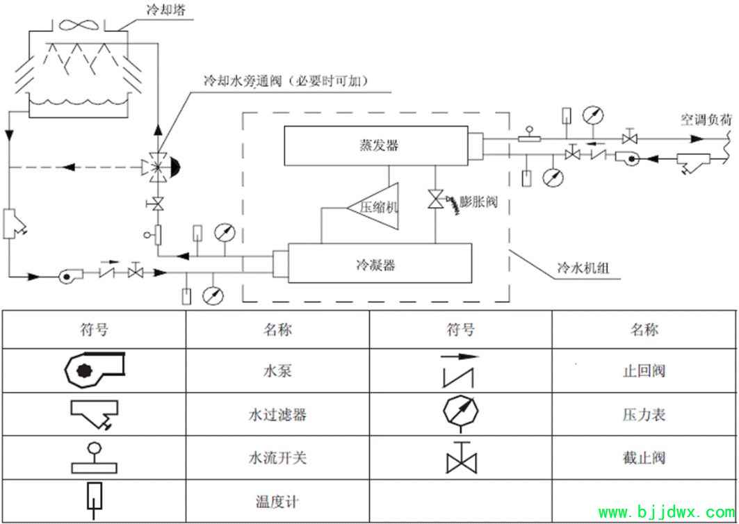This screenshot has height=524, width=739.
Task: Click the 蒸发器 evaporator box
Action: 375,146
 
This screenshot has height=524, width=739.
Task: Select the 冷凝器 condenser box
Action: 380,263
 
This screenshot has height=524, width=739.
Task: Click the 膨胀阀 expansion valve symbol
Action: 435,198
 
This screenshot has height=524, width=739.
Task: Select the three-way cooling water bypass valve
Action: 159,166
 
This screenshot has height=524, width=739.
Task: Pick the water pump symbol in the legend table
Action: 94,370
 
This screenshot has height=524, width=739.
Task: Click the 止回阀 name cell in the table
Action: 644,370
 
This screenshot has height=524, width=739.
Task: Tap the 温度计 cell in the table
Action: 277,502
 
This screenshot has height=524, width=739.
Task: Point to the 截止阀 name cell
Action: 644,457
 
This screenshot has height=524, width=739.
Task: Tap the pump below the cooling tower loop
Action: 71,275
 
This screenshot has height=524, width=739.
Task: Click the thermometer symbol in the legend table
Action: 95,500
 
